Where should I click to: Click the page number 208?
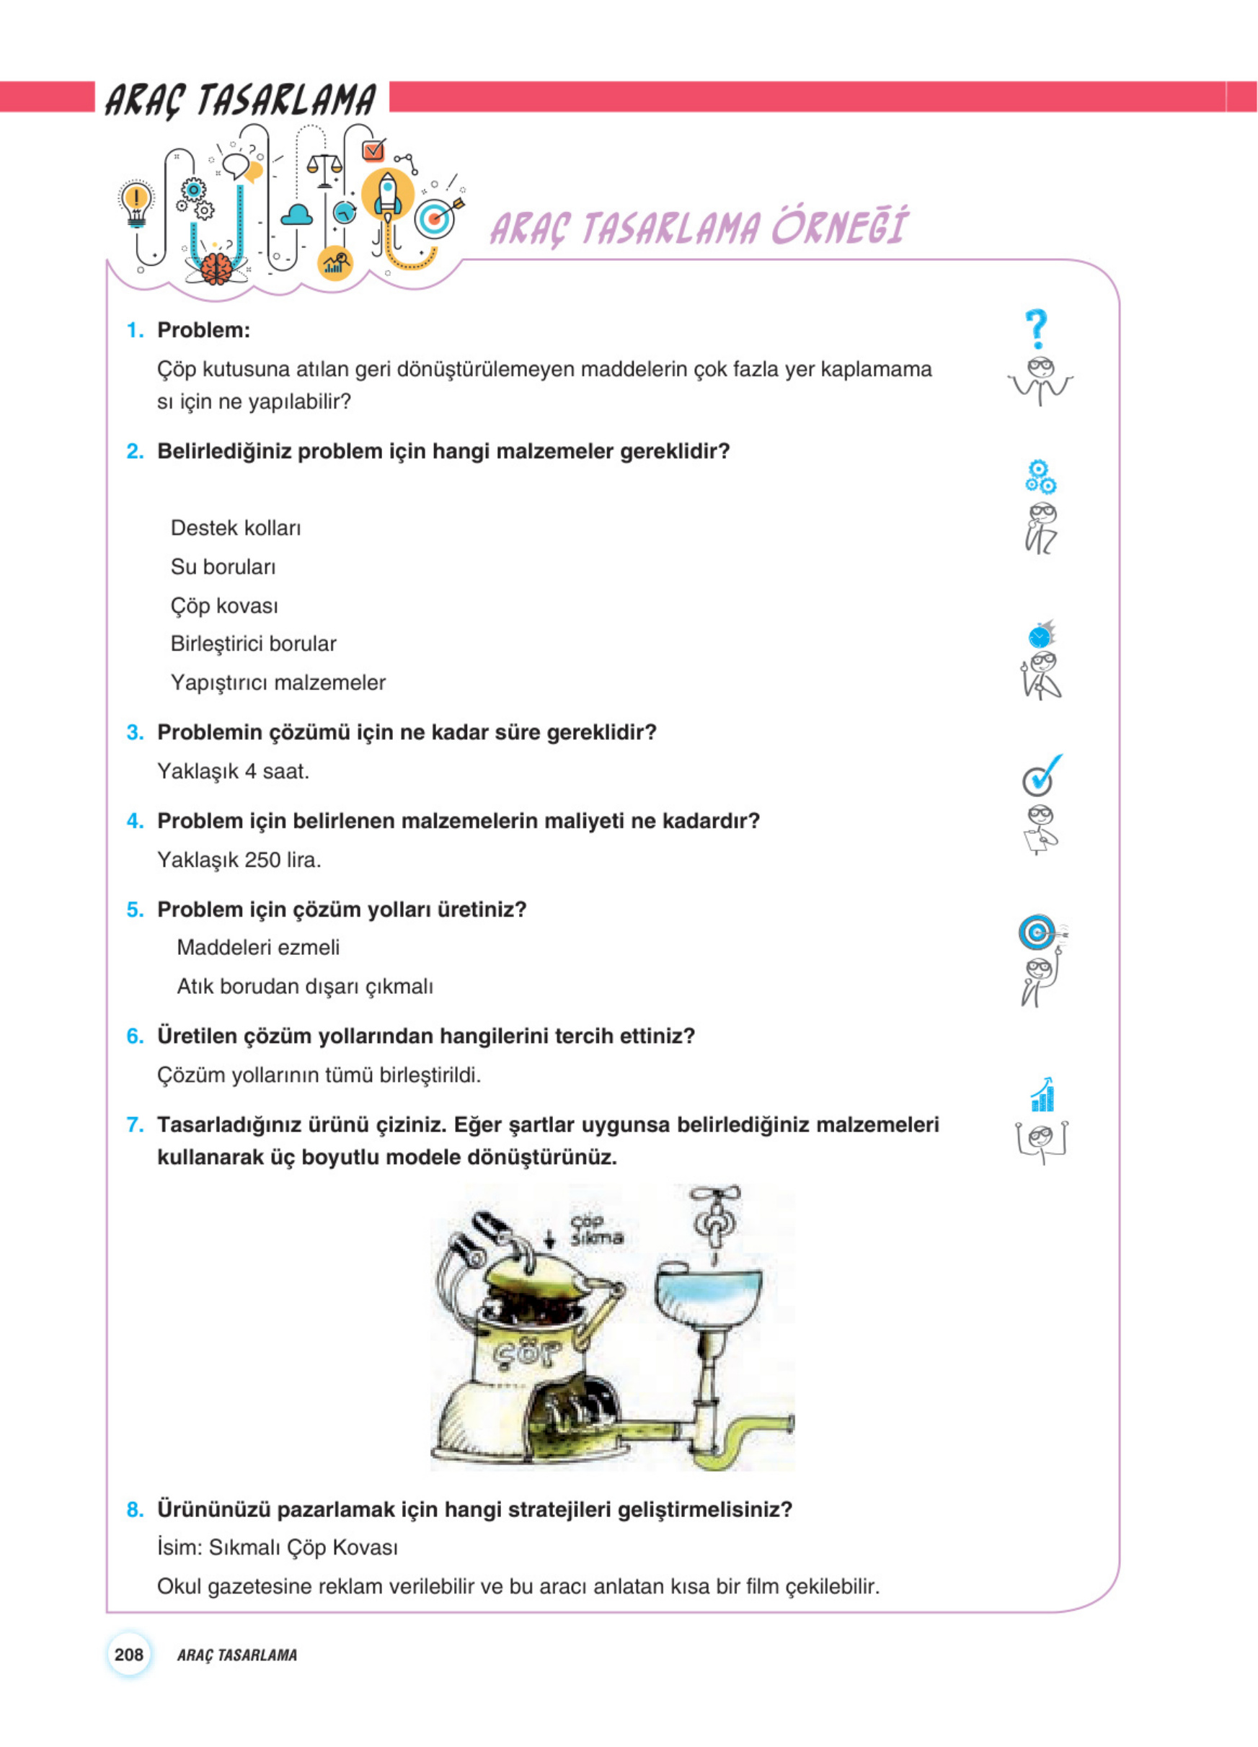(128, 1654)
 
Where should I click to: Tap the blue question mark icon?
(1037, 329)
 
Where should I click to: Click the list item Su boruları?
(223, 567)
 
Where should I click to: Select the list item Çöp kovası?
(224, 605)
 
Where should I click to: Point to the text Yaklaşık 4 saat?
(233, 771)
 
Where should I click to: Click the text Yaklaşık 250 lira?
(239, 860)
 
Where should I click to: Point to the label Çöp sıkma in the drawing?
(595, 1230)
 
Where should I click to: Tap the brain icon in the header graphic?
(218, 269)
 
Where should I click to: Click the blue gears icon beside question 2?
(1040, 477)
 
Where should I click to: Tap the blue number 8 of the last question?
(134, 1510)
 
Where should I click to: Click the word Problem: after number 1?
(203, 331)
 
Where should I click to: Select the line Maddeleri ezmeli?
(258, 948)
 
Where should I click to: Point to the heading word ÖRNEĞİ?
(840, 227)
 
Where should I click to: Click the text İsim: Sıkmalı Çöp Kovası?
(278, 1547)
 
